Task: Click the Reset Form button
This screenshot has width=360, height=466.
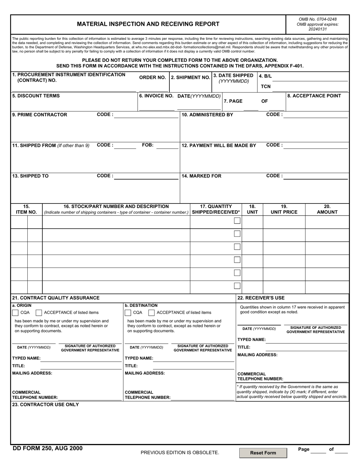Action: click(x=263, y=453)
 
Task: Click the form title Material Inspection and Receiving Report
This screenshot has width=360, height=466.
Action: click(x=148, y=24)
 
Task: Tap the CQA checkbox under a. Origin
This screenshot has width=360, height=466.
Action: click(x=15, y=313)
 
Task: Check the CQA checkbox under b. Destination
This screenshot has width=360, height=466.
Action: click(x=128, y=313)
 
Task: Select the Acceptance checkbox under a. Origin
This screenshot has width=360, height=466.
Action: click(x=39, y=313)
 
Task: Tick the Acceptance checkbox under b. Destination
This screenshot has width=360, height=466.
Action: click(x=151, y=313)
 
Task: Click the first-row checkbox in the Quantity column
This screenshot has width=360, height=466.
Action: click(x=237, y=221)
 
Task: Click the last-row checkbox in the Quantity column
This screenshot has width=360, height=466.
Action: click(x=237, y=286)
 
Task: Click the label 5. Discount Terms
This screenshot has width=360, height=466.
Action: click(x=36, y=96)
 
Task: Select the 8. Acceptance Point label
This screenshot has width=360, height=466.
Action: click(x=314, y=96)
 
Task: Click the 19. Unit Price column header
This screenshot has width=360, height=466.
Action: click(x=284, y=209)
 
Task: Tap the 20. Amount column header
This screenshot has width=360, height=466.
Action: click(x=327, y=209)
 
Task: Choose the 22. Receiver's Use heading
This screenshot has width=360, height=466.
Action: click(x=261, y=298)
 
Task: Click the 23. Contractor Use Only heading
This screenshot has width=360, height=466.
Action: click(x=45, y=404)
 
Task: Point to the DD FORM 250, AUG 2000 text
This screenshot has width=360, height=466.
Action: click(x=47, y=448)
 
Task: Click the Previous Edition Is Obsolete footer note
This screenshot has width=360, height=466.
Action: click(x=180, y=452)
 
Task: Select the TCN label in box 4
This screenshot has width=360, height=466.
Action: click(x=266, y=86)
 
